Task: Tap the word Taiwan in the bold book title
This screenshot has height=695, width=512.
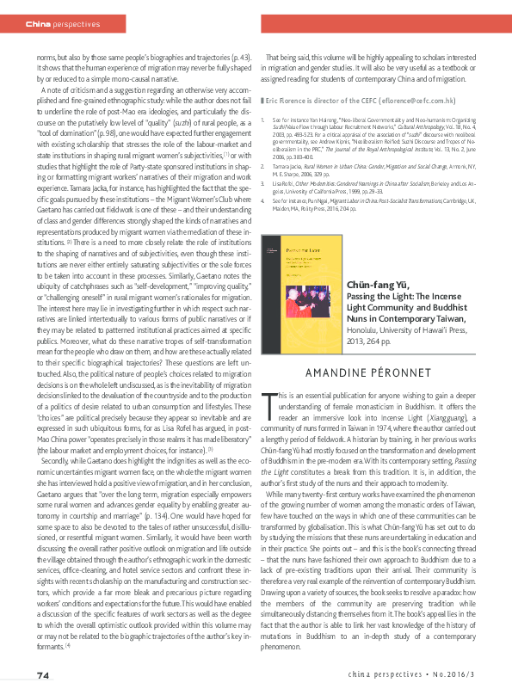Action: coord(454,292)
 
